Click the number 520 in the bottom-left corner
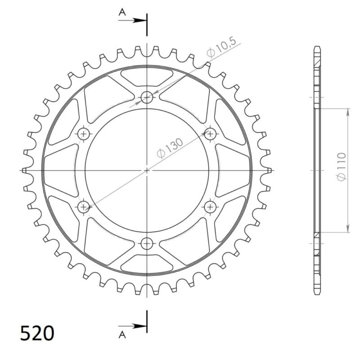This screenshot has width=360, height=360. click(x=38, y=333)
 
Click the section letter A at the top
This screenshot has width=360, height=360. click(x=121, y=13)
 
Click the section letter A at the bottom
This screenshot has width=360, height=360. click(x=121, y=333)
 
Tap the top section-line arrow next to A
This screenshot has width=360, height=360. click(x=139, y=20)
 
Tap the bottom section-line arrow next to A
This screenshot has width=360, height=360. click(x=139, y=326)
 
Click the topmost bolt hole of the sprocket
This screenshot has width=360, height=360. click(x=147, y=97)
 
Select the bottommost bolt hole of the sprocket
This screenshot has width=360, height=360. click(x=147, y=243)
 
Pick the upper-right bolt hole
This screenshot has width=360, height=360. click(x=210, y=133)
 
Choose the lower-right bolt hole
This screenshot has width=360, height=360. click(x=210, y=207)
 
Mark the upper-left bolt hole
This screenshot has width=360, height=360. click(x=84, y=133)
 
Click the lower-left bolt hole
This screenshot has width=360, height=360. click(x=84, y=207)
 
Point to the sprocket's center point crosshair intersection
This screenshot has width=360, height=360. click(x=147, y=171)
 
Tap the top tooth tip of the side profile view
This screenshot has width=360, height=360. click(x=317, y=47)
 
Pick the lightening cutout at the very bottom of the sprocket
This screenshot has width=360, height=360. click(x=147, y=265)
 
